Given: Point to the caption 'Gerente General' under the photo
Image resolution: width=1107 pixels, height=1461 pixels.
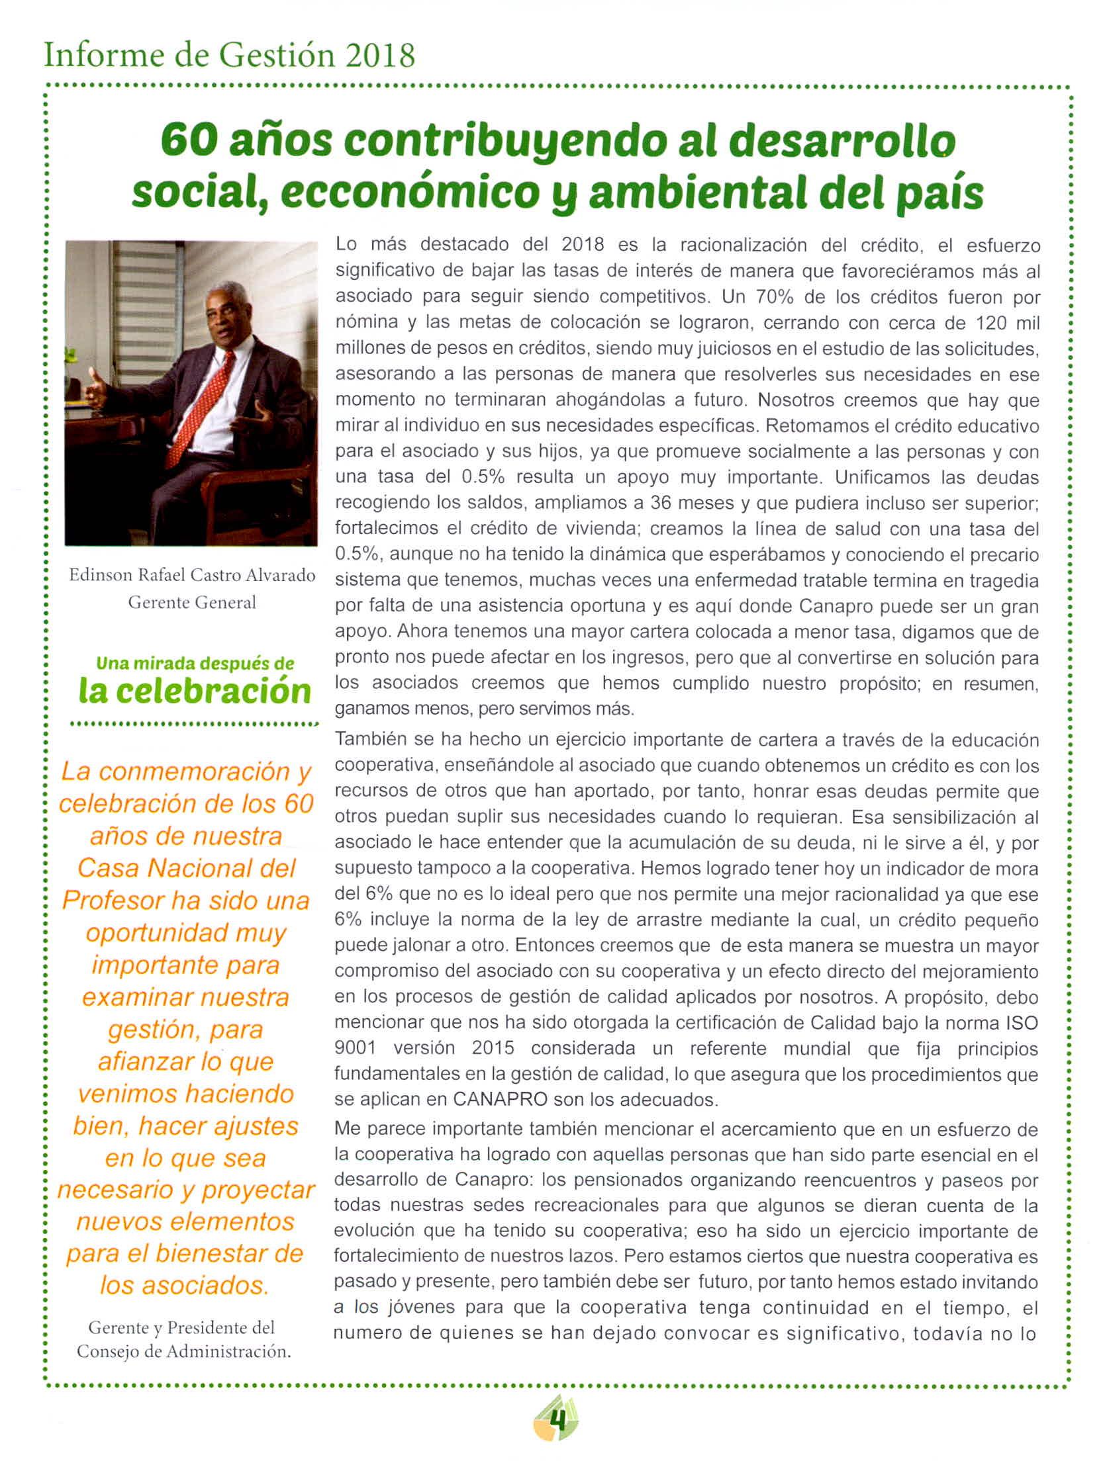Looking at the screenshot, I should point(192,603).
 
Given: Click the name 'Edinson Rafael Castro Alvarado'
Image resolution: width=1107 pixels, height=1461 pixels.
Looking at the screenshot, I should point(192,575).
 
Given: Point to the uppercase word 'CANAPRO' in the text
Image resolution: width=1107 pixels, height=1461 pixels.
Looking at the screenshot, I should point(501,1100).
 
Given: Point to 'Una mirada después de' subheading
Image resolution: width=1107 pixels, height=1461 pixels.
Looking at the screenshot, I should point(195,663).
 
